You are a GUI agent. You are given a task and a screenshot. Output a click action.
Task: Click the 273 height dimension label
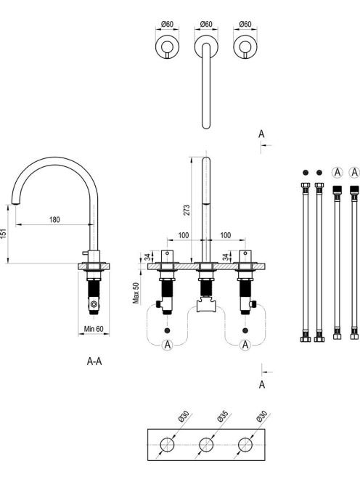coord(187,210)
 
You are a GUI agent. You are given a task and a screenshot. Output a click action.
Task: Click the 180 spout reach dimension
coord(54,219)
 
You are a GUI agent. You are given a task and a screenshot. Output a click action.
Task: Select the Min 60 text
coord(94,329)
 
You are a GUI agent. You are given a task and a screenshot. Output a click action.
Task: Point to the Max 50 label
coord(136,293)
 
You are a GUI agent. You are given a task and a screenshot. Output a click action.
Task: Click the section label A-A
coord(94,361)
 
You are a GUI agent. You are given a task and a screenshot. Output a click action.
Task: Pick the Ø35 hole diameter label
coord(222,416)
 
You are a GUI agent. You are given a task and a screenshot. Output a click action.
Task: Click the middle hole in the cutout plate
coord(206,444)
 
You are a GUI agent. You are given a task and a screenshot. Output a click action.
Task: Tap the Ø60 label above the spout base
coord(206,24)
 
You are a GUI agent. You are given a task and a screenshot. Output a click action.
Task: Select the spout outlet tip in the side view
coord(14,203)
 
